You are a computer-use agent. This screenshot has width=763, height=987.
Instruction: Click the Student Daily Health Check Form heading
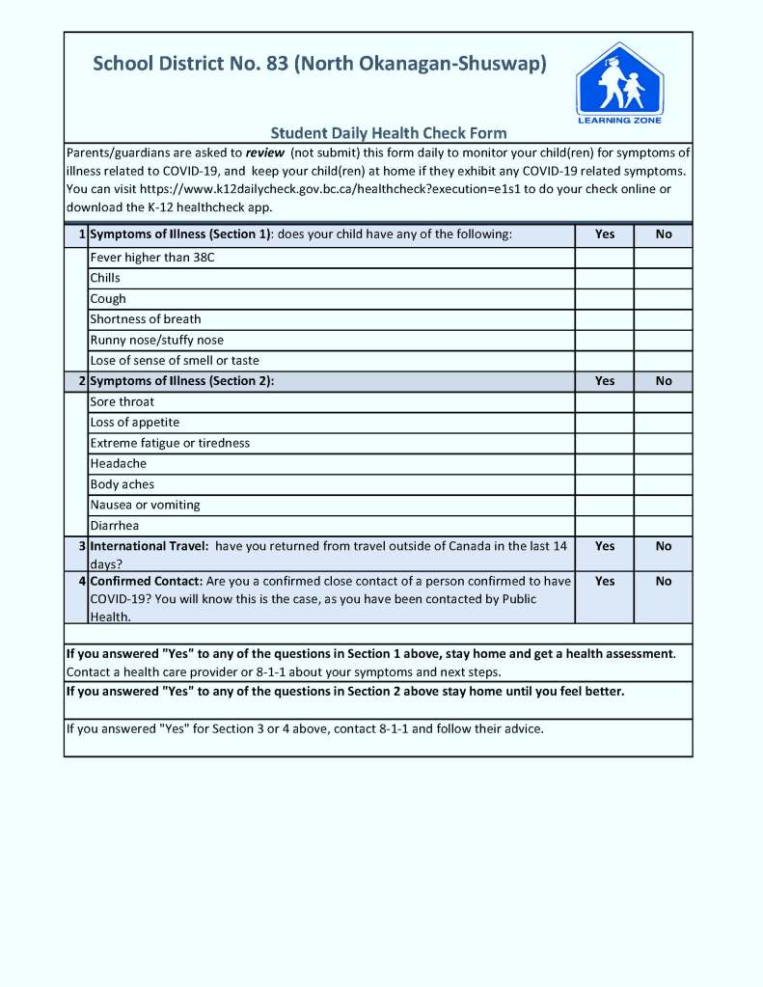click(388, 133)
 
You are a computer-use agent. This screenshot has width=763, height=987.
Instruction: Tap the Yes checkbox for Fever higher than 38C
click(604, 258)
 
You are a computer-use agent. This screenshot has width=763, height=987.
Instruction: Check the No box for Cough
click(663, 299)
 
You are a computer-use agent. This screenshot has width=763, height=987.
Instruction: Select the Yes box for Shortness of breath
click(604, 319)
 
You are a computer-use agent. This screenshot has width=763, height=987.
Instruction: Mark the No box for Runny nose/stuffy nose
click(663, 340)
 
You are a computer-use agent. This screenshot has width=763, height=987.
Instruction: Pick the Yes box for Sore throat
click(604, 402)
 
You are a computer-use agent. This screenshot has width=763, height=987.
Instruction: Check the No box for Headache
click(663, 464)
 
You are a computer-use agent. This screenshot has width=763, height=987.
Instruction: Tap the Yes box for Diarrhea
click(604, 526)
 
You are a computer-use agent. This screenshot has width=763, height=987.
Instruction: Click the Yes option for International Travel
click(605, 546)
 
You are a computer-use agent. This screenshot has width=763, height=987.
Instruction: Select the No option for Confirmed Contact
click(664, 582)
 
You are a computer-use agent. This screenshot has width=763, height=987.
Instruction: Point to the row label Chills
click(105, 278)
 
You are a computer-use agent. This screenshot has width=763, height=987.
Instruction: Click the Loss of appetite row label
click(134, 423)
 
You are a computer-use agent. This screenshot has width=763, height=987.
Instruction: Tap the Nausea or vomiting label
click(145, 505)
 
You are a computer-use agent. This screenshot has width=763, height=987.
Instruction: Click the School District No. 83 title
click(319, 65)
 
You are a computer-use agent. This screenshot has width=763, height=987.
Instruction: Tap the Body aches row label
click(122, 484)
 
